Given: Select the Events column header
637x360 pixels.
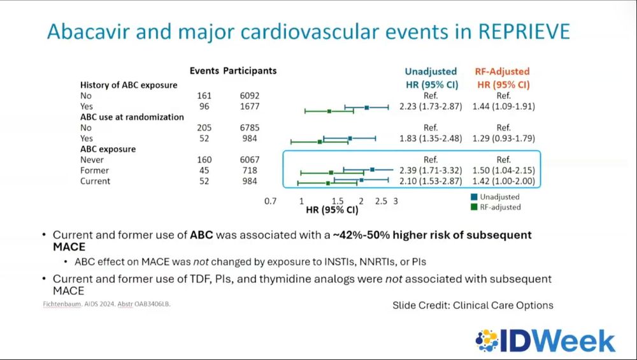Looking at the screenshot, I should point(204,71).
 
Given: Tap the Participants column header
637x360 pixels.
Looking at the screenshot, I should point(250,71).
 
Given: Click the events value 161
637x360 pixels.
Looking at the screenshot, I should point(204,96).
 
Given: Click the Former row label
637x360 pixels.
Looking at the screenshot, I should point(94,171).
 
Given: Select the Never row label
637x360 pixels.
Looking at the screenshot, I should point(92,160).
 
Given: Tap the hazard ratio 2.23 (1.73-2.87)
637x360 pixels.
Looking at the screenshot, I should point(431,106).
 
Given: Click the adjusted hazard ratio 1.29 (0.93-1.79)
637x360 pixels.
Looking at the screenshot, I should point(503,138).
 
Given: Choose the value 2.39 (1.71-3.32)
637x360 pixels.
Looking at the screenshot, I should point(431,171).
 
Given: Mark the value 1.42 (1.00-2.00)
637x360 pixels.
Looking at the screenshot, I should point(503,182).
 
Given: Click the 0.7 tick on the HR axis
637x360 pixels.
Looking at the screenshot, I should point(271,201).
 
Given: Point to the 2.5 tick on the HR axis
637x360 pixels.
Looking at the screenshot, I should point(381,201).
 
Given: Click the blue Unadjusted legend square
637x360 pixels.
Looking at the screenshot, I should point(475,197).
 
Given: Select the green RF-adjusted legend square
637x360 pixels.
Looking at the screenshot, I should point(475,206).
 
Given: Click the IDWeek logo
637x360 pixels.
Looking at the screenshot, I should point(546,341).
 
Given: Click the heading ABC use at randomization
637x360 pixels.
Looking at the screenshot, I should point(132,117).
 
